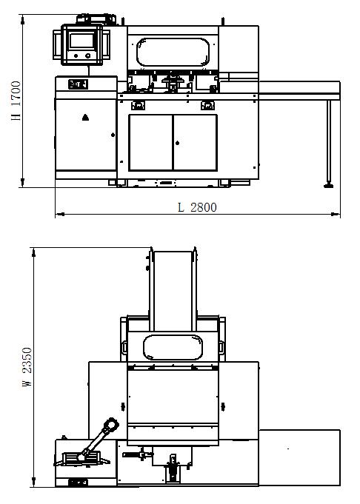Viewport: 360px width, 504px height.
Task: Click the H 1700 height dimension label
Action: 16,101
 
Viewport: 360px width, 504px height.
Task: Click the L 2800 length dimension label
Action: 197,207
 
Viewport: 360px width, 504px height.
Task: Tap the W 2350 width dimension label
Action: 27,367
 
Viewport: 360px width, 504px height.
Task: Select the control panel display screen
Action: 82,41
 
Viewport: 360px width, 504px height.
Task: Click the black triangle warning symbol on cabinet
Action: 85,118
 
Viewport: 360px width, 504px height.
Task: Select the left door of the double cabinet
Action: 150,142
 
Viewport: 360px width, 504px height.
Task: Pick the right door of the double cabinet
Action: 195,142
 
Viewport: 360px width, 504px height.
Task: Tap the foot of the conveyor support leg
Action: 328,185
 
